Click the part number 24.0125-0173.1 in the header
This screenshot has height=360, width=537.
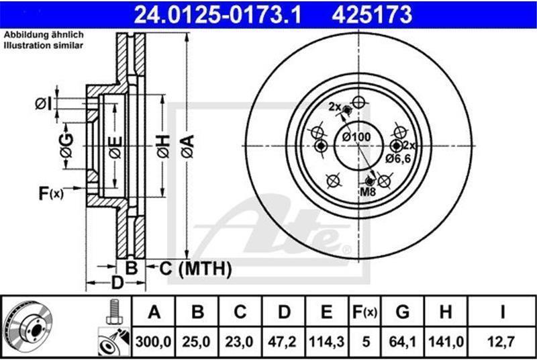[x=217, y=15]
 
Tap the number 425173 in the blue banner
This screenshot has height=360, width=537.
[x=372, y=15]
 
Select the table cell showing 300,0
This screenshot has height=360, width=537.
[x=154, y=342]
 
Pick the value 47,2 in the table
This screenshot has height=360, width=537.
[x=283, y=342]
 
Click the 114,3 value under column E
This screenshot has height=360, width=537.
[x=326, y=342]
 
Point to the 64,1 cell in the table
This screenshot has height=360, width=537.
[x=402, y=342]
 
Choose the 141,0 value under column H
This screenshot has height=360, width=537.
[x=446, y=342]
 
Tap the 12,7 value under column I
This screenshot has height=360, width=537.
[x=501, y=342]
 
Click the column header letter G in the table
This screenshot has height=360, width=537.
[x=402, y=312]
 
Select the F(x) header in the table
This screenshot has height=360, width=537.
[x=364, y=312]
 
